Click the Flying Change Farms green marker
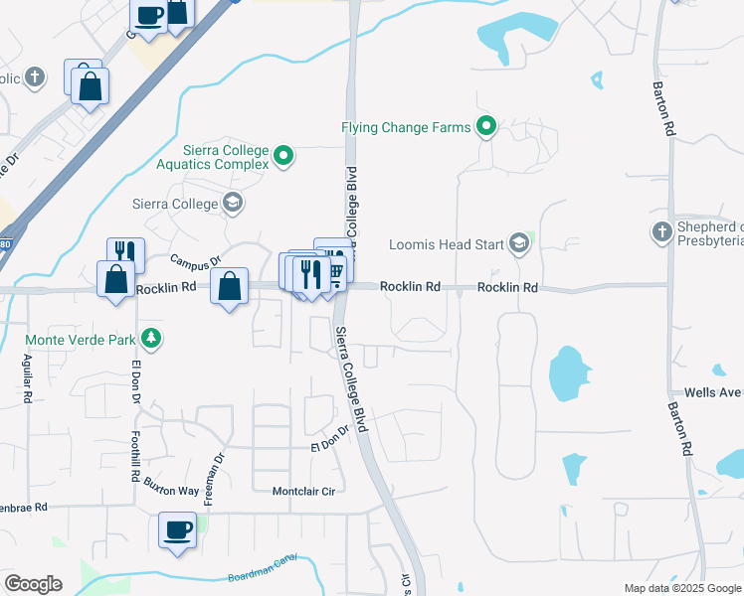click(x=486, y=126)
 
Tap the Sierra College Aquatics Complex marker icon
click(x=283, y=156)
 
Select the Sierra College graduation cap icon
click(x=233, y=204)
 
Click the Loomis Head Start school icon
click(x=518, y=242)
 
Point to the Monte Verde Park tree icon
click(x=150, y=339)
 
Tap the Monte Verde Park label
click(x=81, y=339)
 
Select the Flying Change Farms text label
click(x=405, y=127)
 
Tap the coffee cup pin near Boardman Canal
click(x=179, y=529)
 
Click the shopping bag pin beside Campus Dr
click(x=230, y=287)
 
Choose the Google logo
click(x=33, y=584)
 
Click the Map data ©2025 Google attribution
click(x=682, y=588)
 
